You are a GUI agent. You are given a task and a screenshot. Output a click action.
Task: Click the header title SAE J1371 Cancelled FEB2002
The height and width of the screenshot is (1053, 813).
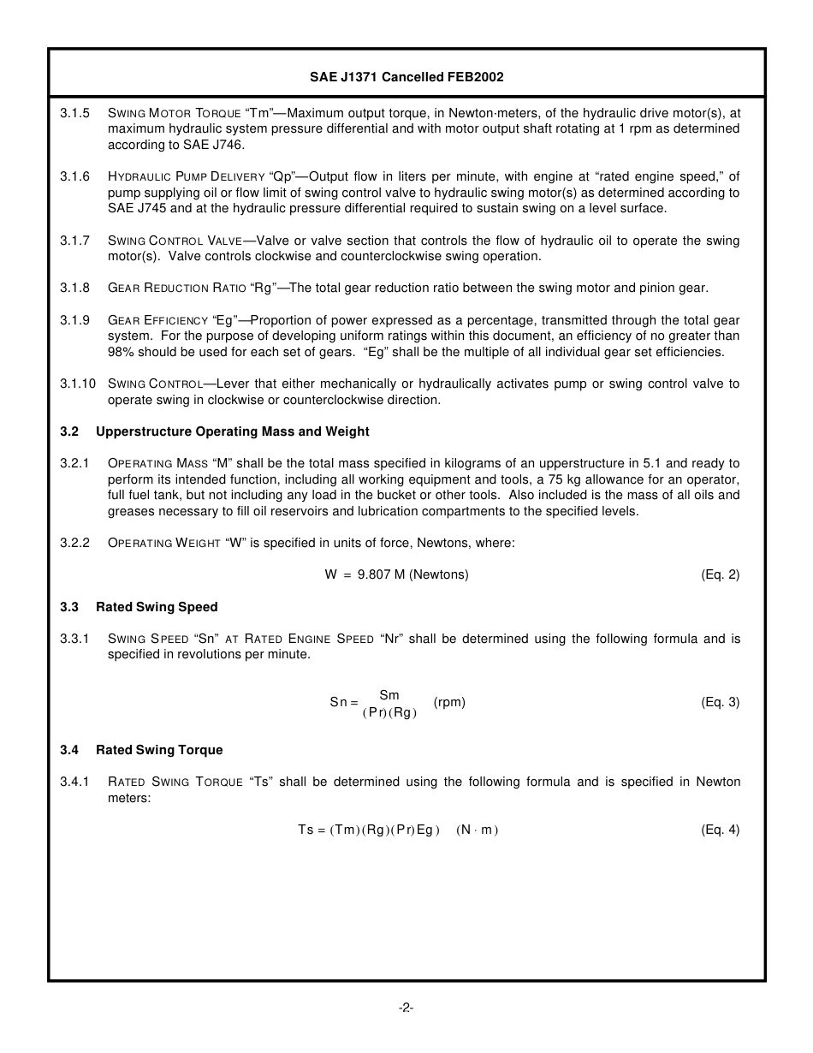[406, 77]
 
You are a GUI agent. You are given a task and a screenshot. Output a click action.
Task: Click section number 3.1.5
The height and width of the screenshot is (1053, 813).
[74, 113]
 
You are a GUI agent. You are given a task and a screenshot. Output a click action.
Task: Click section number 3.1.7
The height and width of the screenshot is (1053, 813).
[74, 241]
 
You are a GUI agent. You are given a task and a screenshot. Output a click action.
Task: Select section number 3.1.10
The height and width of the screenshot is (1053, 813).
[77, 384]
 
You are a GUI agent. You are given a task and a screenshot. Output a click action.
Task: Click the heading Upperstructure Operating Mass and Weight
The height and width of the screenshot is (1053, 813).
[232, 431]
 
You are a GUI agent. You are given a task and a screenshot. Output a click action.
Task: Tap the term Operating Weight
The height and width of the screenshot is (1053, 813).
[164, 544]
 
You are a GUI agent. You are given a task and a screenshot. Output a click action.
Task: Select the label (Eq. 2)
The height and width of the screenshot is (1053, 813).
[720, 575]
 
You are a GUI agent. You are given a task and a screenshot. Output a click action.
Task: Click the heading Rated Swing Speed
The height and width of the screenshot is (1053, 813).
[157, 607]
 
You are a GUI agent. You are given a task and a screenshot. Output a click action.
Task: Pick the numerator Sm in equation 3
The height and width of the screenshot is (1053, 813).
[389, 695]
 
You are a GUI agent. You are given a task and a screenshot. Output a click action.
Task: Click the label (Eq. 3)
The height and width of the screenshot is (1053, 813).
[720, 703]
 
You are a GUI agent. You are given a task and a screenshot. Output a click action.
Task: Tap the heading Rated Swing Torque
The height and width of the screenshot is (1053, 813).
[159, 750]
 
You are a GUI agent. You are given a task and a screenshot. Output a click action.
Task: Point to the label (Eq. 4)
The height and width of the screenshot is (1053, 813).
[720, 830]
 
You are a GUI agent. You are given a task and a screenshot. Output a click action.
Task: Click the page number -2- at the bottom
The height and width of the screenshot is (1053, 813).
[406, 1008]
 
